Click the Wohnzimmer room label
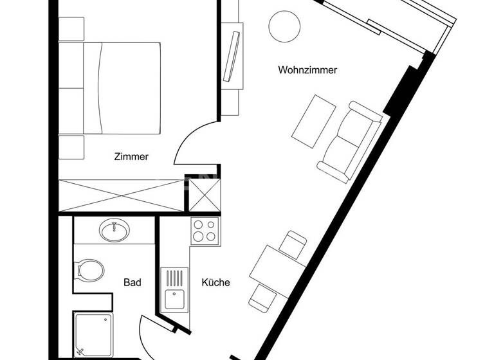coord(307,70)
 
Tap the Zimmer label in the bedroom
coord(131,156)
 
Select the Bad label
coord(133,282)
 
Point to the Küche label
coord(215,282)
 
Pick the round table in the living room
coord(284,26)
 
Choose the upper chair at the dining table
coord(295,245)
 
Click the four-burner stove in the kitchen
coord(205,231)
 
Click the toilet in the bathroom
coord(88,269)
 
